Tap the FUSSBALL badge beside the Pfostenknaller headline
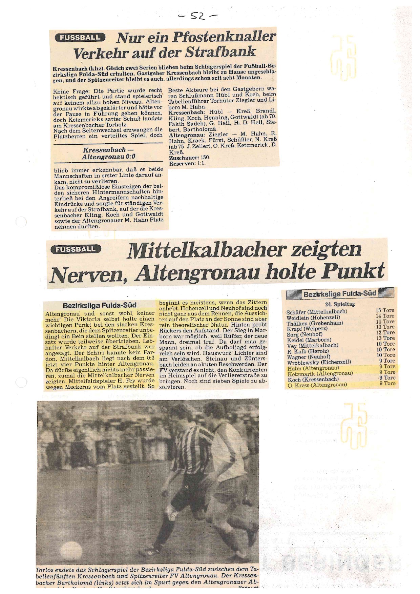80,38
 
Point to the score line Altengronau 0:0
108,157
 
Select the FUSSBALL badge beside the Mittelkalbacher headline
76,249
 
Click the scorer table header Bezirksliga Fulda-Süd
340,294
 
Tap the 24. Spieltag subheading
340,304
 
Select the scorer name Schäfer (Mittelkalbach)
316,312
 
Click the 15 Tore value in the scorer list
385,310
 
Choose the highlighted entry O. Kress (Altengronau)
317,385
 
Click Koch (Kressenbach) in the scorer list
313,379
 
